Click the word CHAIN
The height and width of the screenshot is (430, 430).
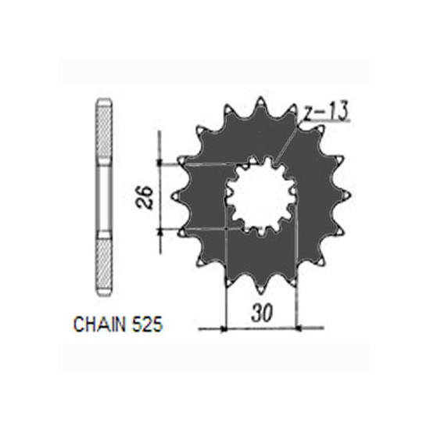[x=100, y=324]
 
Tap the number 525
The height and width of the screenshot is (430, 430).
[x=147, y=324]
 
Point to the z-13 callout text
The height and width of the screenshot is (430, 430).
[x=325, y=111]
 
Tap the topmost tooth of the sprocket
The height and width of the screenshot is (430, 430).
[x=261, y=104]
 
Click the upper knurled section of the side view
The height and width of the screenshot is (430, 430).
[x=105, y=132]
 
